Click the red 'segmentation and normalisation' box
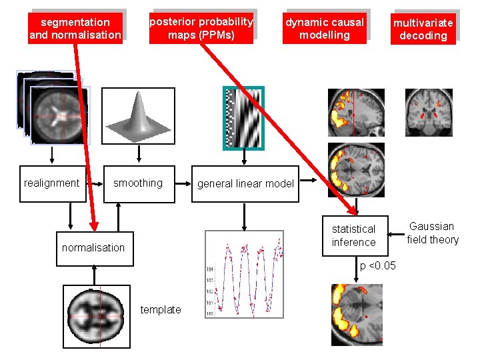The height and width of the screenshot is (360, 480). tap(75, 28)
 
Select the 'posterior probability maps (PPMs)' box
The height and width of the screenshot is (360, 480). tap(201, 28)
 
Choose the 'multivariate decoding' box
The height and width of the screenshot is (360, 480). tap(423, 29)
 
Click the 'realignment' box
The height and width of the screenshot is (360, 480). tap(51, 183)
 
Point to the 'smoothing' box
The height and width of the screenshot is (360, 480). tap(138, 183)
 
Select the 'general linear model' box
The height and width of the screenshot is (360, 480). tap(245, 184)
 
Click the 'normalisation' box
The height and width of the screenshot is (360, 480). tap(93, 247)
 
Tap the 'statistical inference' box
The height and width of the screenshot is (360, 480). tap(353, 235)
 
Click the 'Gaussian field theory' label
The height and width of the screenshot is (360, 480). tap(433, 233)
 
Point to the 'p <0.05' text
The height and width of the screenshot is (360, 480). tap(378, 266)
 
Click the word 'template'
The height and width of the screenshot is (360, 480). tap(161, 309)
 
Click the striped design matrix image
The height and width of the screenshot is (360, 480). tap(243, 117)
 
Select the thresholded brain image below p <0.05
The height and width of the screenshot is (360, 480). tap(357, 314)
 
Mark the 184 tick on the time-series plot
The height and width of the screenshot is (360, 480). tap(210, 269)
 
